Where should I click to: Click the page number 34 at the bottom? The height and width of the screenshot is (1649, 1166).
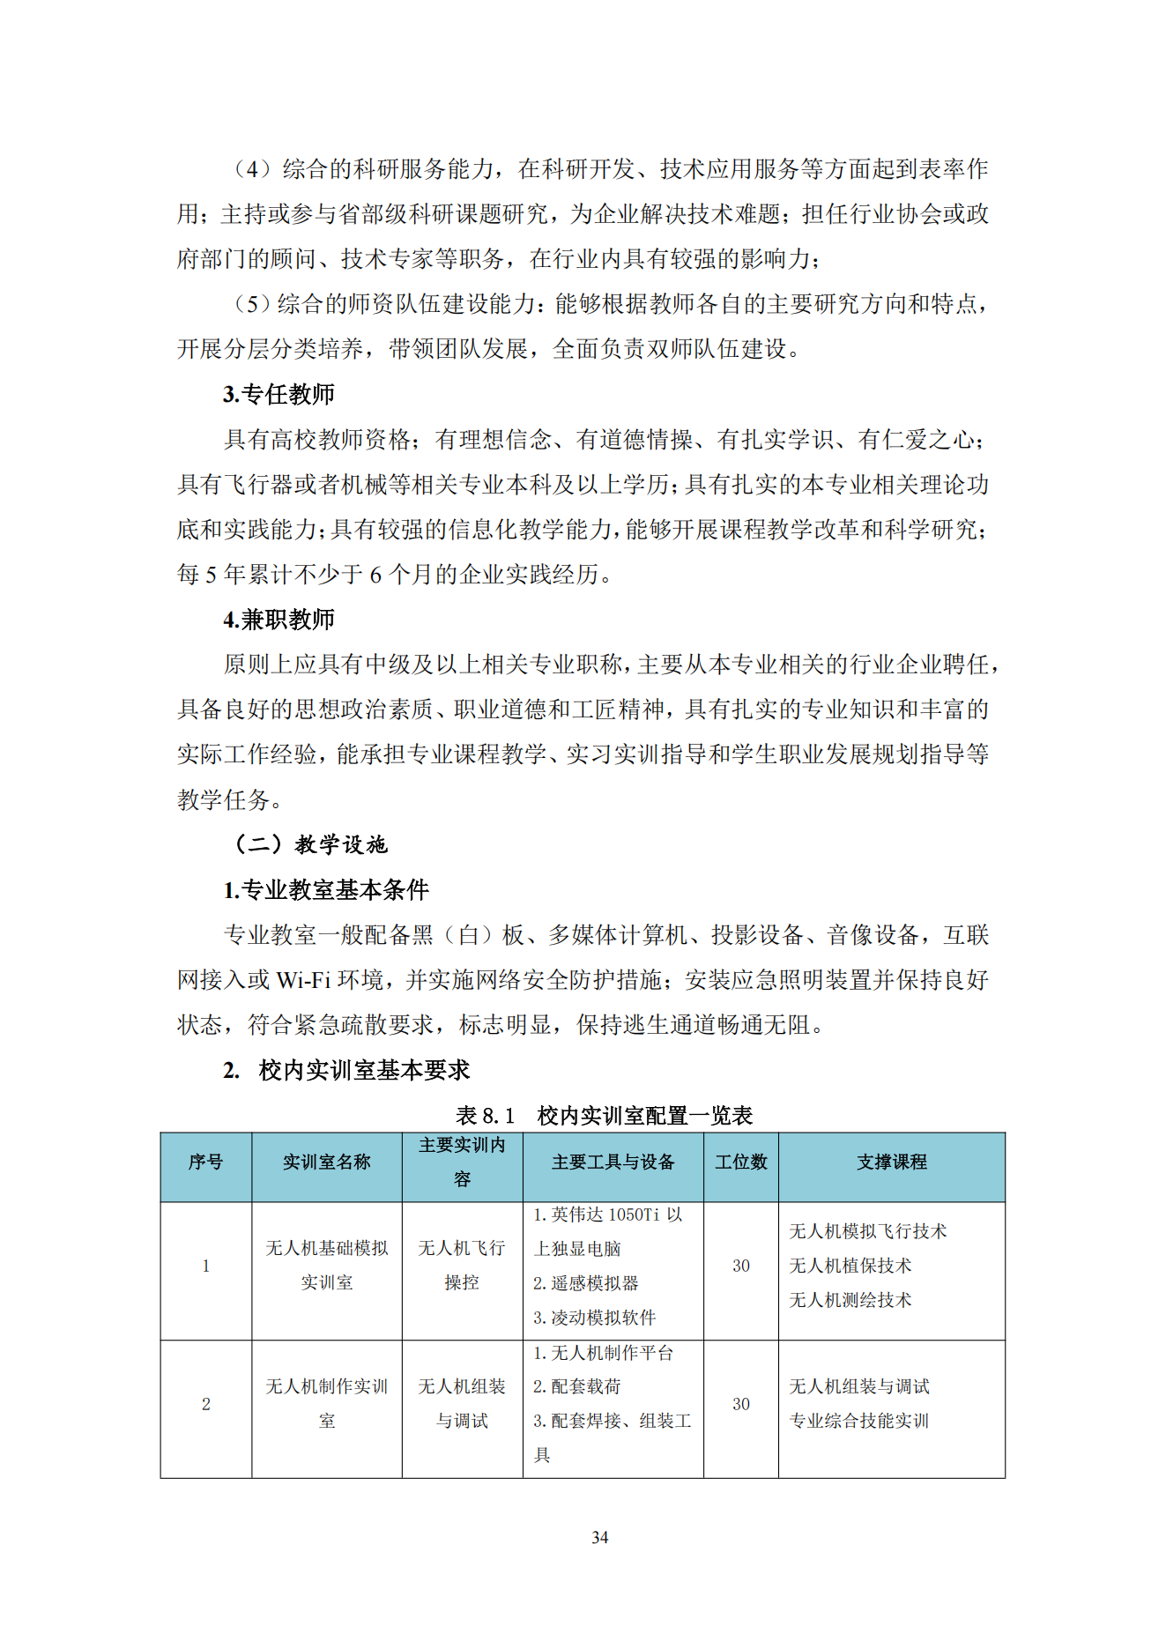pyautogui.click(x=599, y=1537)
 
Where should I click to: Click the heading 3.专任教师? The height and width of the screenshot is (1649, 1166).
pyautogui.click(x=279, y=394)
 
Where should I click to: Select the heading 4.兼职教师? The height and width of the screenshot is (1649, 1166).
pyautogui.click(x=279, y=620)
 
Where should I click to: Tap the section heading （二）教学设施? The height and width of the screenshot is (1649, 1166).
pyautogui.click(x=309, y=844)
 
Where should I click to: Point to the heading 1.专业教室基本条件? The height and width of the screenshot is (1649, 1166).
pyautogui.click(x=325, y=890)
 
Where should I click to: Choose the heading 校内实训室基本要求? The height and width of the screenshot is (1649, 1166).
pyautogui.click(x=363, y=1070)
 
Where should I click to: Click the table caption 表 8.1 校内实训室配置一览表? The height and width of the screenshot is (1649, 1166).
pyautogui.click(x=604, y=1116)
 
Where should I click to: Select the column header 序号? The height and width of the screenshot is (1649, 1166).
pyautogui.click(x=205, y=1162)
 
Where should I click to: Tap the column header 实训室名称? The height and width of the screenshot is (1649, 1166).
pyautogui.click(x=326, y=1162)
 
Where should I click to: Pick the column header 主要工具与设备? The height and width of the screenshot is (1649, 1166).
pyautogui.click(x=613, y=1162)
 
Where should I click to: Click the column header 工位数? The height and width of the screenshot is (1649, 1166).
pyautogui.click(x=740, y=1162)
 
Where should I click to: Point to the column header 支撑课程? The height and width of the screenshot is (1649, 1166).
pyautogui.click(x=891, y=1162)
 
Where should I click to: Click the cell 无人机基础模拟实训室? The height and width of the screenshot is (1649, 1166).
pyautogui.click(x=326, y=1266)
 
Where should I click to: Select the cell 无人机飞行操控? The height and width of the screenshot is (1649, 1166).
pyautogui.click(x=462, y=1266)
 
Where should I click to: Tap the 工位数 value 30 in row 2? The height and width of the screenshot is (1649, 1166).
pyautogui.click(x=740, y=1404)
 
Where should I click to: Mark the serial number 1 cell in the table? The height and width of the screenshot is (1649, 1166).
pyautogui.click(x=205, y=1266)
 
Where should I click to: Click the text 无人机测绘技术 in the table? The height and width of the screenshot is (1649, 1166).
pyautogui.click(x=850, y=1300)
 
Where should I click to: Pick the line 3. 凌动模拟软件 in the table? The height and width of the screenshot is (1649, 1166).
pyautogui.click(x=594, y=1318)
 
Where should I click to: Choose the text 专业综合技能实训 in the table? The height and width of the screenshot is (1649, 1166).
pyautogui.click(x=858, y=1421)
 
